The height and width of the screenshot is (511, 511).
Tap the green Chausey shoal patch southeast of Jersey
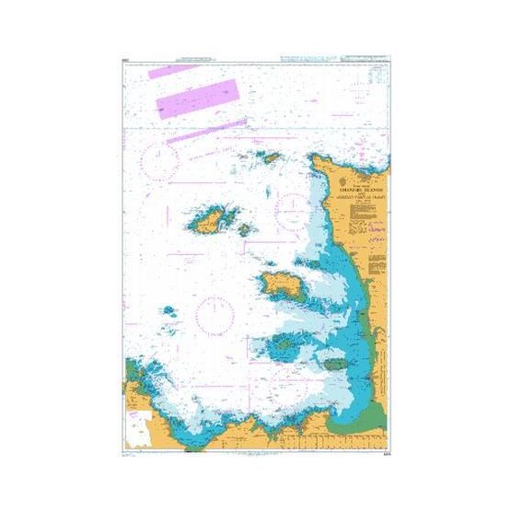(331, 354)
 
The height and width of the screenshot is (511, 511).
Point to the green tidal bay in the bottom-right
(368, 401)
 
